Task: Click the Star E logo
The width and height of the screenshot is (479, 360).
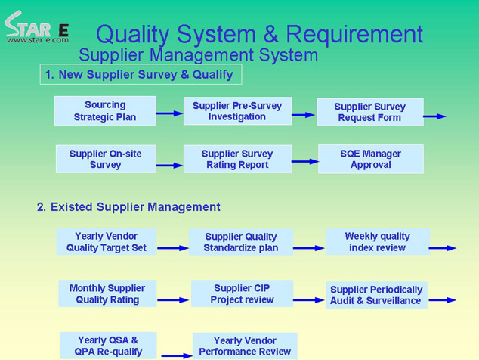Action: click(x=37, y=27)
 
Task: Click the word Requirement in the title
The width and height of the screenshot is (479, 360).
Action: click(x=354, y=34)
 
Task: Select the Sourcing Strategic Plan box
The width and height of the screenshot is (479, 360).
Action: click(x=105, y=110)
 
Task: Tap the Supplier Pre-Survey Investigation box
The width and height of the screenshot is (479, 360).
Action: click(x=237, y=110)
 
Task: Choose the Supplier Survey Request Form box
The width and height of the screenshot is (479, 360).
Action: click(x=370, y=112)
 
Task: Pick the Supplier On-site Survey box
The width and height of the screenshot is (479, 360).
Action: click(x=106, y=159)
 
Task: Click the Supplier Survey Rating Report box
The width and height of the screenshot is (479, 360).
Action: click(x=237, y=159)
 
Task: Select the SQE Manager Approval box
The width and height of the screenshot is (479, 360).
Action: click(x=371, y=159)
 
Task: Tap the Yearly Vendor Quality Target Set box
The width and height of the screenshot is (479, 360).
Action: click(x=107, y=241)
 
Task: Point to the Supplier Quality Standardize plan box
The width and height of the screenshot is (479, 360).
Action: click(x=241, y=242)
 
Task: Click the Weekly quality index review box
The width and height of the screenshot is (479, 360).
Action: click(x=378, y=241)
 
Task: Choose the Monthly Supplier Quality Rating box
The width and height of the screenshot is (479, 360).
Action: click(x=107, y=293)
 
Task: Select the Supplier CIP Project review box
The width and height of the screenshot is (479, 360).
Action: click(x=242, y=293)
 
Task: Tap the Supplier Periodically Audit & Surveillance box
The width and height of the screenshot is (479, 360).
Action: click(x=376, y=295)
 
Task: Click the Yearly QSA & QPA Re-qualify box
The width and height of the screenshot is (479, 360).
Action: click(x=108, y=346)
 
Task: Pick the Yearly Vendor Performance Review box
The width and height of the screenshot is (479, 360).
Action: click(x=245, y=346)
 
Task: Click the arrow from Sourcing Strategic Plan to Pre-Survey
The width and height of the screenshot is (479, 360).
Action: click(x=169, y=113)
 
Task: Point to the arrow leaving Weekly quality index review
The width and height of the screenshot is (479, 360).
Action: click(x=443, y=248)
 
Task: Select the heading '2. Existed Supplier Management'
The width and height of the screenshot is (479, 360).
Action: click(x=128, y=207)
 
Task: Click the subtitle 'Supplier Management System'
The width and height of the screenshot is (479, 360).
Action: click(x=198, y=55)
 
